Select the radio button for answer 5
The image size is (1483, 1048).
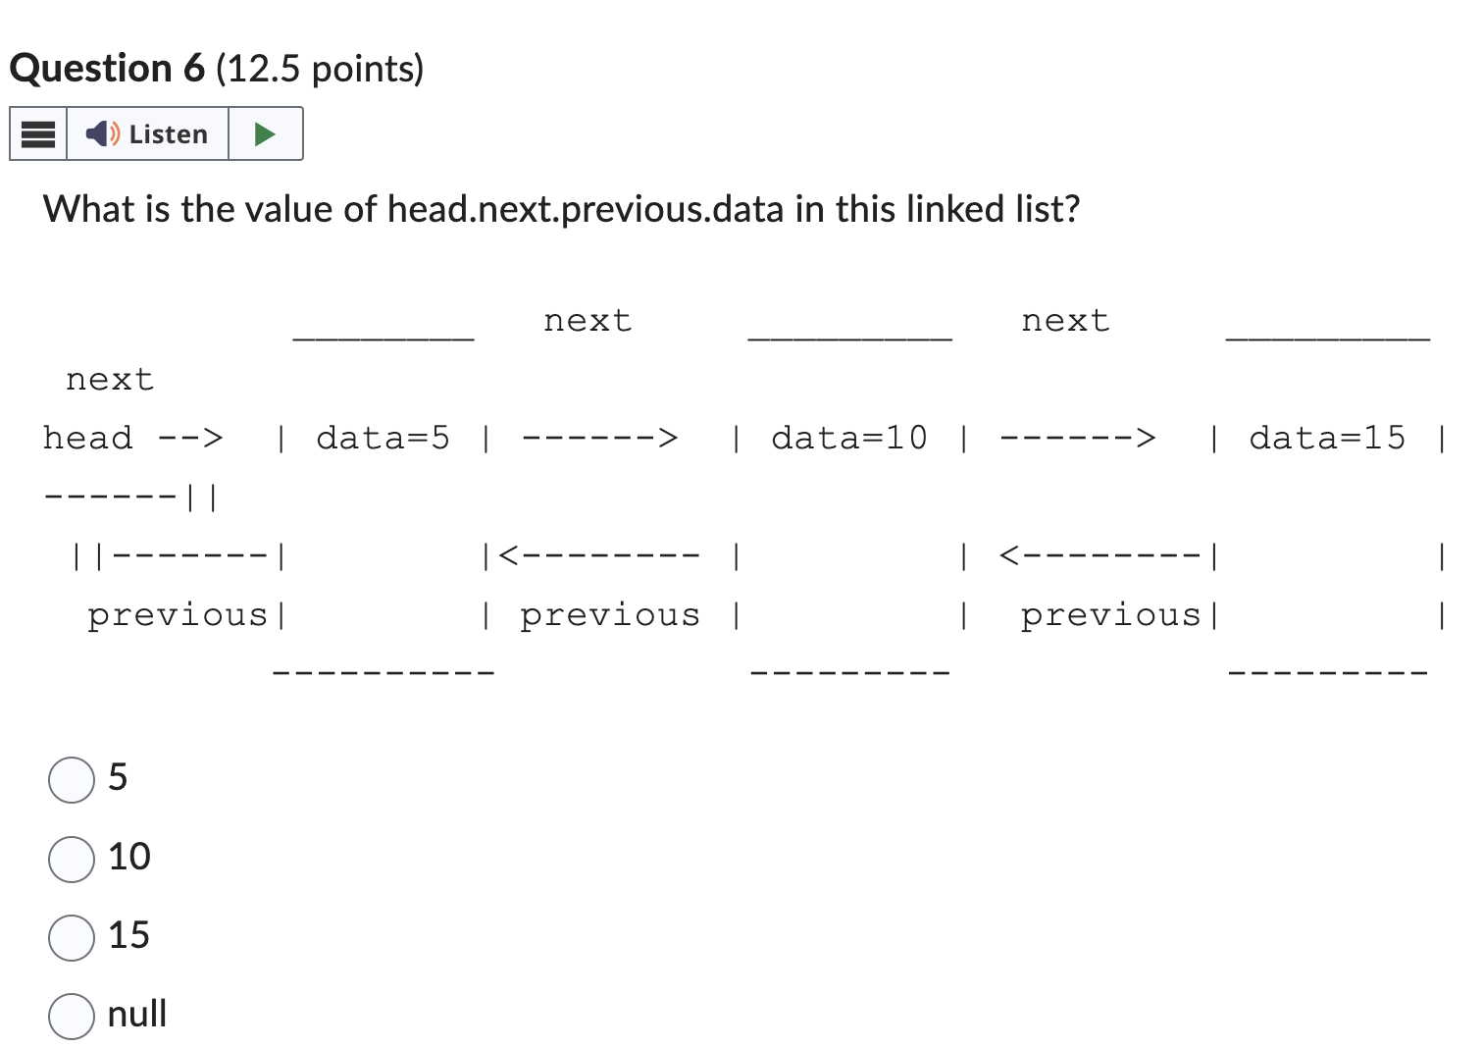click(72, 780)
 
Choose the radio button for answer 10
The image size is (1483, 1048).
click(72, 859)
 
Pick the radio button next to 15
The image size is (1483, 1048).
click(72, 937)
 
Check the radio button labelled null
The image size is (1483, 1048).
click(72, 1016)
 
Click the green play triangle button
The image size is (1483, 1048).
click(265, 133)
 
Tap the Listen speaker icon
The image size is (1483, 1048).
click(102, 133)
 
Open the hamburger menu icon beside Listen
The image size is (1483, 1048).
click(38, 133)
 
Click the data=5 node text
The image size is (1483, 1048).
click(383, 438)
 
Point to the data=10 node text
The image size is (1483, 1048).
click(848, 438)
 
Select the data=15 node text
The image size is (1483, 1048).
click(1326, 438)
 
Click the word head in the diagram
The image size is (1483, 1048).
click(87, 438)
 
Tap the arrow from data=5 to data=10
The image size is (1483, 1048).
click(599, 438)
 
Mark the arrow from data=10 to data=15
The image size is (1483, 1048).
click(1077, 438)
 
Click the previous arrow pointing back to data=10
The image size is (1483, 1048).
click(1099, 556)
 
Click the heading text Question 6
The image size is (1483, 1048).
click(107, 69)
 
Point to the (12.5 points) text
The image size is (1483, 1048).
click(320, 69)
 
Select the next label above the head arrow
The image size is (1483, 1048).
click(110, 380)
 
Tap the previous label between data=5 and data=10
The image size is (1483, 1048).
click(609, 615)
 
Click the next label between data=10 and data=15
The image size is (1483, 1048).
click(1065, 321)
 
